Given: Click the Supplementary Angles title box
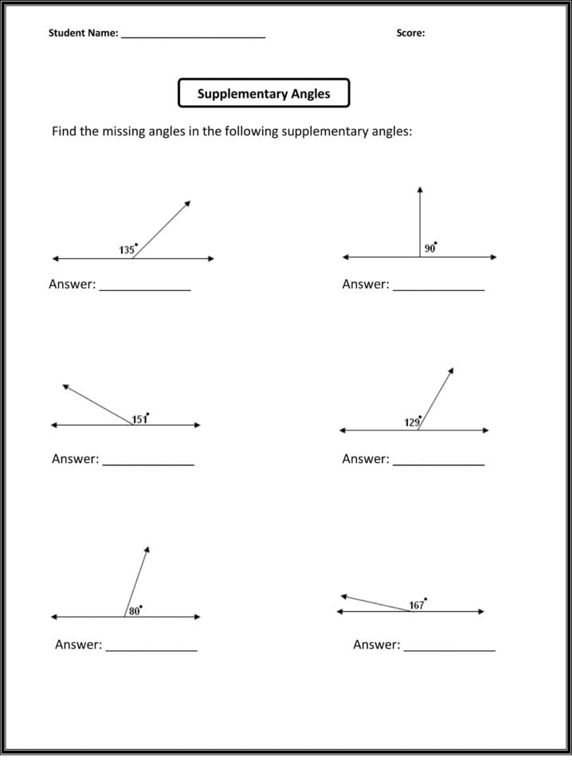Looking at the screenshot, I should (x=264, y=93).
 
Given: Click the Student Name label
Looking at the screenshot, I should (x=83, y=33).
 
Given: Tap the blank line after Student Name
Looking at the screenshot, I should (x=193, y=35).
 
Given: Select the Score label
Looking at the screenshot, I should (x=410, y=33).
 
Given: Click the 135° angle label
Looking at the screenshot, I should (x=127, y=249).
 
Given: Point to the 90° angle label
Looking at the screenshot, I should (x=430, y=248).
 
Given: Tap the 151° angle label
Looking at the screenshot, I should (x=140, y=418).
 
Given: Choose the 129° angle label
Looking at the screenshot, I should (x=412, y=422).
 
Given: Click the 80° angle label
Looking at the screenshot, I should (x=135, y=610).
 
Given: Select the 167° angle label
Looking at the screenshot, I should (x=417, y=605).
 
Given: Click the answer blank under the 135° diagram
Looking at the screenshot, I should (x=144, y=287).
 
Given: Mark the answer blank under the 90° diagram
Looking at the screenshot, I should (x=438, y=287).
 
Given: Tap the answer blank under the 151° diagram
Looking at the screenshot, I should (x=148, y=462).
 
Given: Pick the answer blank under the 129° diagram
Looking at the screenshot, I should (x=438, y=462).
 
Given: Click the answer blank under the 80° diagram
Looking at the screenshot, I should (x=151, y=648).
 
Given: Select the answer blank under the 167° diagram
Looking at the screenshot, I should (x=449, y=648).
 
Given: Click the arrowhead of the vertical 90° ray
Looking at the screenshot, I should (x=420, y=190).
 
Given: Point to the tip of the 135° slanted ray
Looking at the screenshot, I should (x=188, y=202).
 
